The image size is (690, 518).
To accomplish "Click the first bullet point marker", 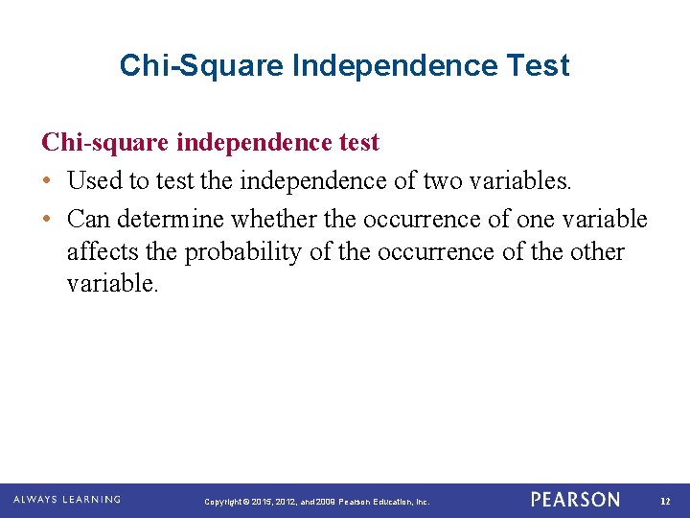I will click(x=47, y=179).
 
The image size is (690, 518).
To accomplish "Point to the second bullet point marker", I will click(x=47, y=220).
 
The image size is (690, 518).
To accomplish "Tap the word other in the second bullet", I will click(x=596, y=252).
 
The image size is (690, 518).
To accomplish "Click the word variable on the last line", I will click(x=108, y=285).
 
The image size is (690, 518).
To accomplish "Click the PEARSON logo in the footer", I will click(x=575, y=500).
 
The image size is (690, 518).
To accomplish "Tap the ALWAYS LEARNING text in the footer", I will click(x=67, y=500).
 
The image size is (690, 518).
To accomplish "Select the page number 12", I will click(x=666, y=501).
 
